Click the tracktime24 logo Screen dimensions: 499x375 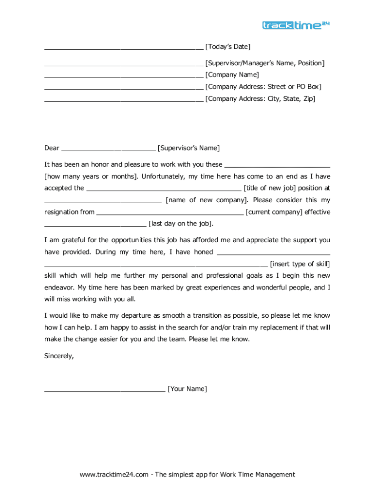pos(296,25)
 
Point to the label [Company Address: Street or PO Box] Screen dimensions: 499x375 pos(263,87)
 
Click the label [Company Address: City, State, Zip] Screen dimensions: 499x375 pos(260,98)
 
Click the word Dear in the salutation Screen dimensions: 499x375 pos(52,148)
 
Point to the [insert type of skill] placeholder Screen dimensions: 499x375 pos(300,264)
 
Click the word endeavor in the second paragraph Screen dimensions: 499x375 pos(59,288)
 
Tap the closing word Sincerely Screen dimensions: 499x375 pos(59,356)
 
